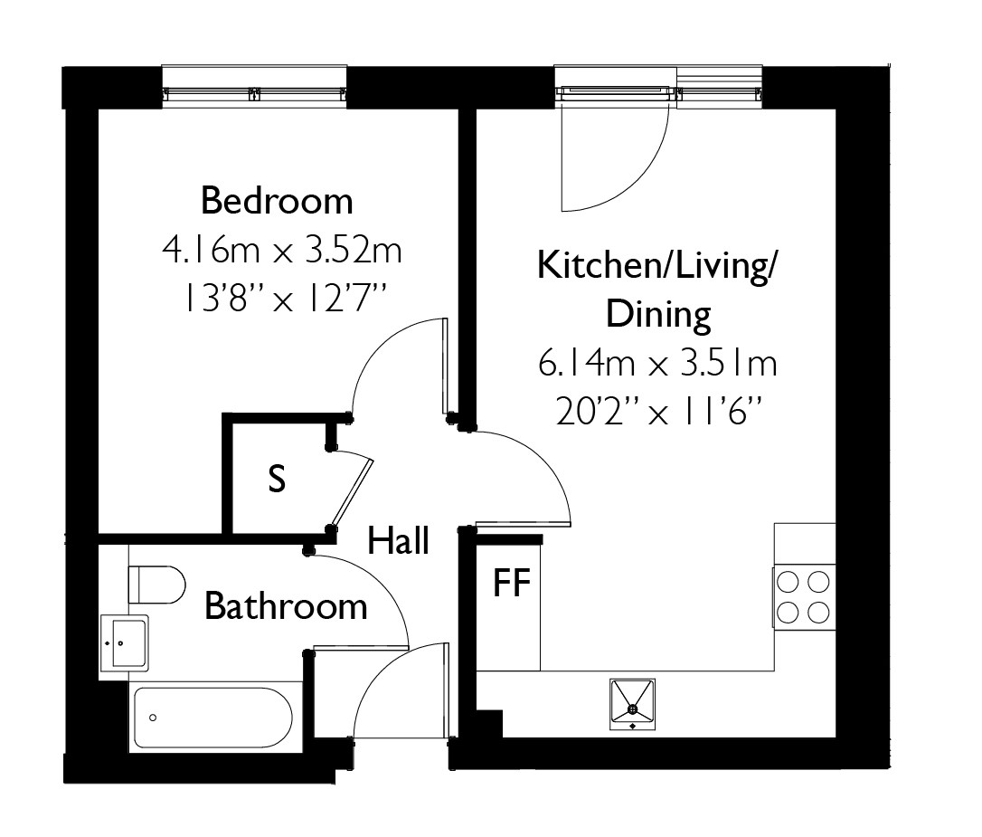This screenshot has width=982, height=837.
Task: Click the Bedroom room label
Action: coord(277,201)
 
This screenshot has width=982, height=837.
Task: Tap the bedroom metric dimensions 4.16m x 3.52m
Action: coord(282,250)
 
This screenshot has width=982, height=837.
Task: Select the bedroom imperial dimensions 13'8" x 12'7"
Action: coord(283,297)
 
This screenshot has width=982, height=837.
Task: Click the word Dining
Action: coord(658,315)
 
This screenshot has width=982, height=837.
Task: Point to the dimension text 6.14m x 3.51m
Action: coord(657,364)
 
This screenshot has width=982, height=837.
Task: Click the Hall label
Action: coord(398,541)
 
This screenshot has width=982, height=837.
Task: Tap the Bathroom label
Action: coord(287,606)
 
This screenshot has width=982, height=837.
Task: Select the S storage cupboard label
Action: coord(276,479)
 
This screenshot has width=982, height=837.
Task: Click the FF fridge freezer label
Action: coord(512,583)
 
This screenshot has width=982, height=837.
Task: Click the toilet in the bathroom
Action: coord(156,585)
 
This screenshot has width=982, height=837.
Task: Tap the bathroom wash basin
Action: coord(125,643)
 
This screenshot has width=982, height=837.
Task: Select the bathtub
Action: coord(212,718)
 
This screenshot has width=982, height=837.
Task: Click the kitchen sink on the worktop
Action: coord(633,704)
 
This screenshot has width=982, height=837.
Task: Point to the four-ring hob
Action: coord(804,595)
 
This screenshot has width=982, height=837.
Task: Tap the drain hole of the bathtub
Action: coord(152,718)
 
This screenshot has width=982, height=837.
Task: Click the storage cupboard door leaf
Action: coord(352,493)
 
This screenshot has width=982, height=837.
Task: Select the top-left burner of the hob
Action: coord(788,583)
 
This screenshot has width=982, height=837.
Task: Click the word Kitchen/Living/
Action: coord(656,267)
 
